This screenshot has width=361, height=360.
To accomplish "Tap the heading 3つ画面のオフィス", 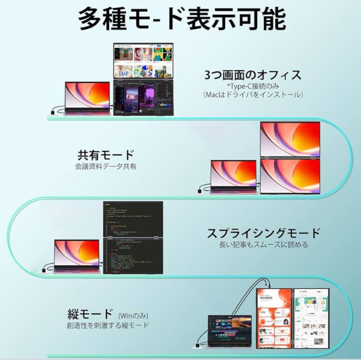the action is click(x=253, y=75).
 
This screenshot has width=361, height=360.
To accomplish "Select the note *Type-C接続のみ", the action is click(x=253, y=86).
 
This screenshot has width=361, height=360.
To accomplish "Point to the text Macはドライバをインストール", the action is click(x=253, y=95).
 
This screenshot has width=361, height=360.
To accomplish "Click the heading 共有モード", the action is click(x=106, y=155).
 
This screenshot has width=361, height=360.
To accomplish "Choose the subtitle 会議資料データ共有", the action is click(x=106, y=166).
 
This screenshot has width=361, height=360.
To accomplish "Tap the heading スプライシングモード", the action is click(x=264, y=233).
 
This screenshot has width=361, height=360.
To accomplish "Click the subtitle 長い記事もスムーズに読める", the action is click(x=264, y=245).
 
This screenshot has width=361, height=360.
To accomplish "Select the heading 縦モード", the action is click(x=90, y=314).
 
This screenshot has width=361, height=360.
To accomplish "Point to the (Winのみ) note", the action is click(x=133, y=315).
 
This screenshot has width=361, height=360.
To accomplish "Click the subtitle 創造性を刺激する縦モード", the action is click(x=108, y=325).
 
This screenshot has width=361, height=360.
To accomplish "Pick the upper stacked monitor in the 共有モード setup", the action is click(x=290, y=139).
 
